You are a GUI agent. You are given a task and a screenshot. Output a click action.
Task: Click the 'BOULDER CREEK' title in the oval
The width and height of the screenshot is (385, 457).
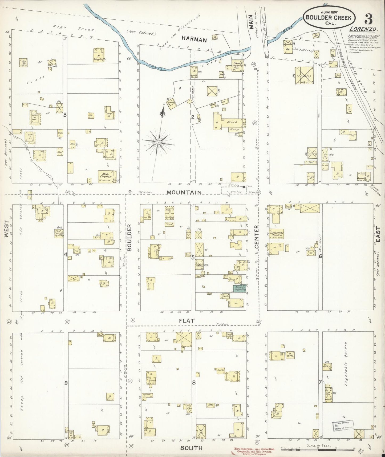coord(329,18)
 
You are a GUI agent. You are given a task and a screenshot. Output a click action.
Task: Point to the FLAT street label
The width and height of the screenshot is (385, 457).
coord(187,321)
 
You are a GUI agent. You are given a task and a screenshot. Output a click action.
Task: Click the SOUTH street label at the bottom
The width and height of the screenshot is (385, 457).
coord(191,448)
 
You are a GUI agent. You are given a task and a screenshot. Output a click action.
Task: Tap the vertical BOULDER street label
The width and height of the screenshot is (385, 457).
coord(129,237)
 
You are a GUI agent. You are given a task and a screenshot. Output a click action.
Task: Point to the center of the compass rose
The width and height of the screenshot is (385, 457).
coord(158,143)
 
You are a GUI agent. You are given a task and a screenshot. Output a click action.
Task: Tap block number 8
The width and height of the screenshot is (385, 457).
coord(194,382)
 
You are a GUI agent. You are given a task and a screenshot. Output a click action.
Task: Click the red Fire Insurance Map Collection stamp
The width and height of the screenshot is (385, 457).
coord(253,450)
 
